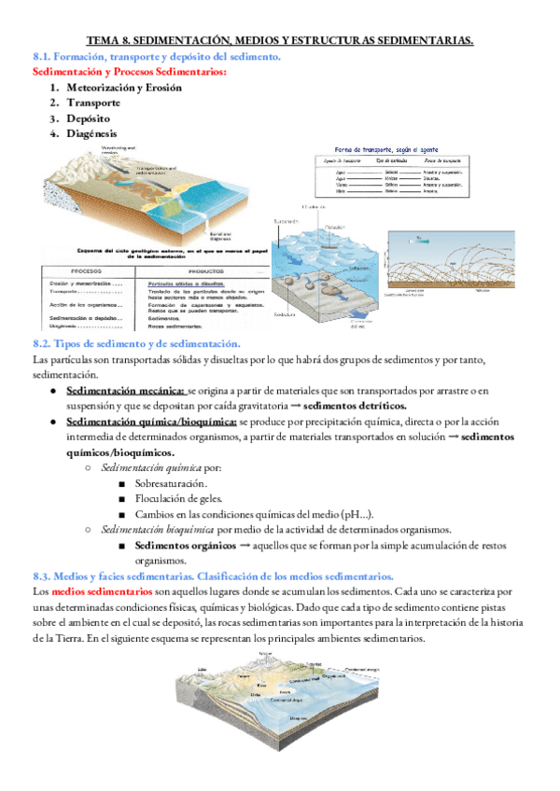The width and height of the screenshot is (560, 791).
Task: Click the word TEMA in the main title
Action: coord(104,40)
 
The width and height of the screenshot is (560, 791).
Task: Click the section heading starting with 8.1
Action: coord(156,57)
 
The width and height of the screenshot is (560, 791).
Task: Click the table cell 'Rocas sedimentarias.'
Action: coord(175,327)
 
